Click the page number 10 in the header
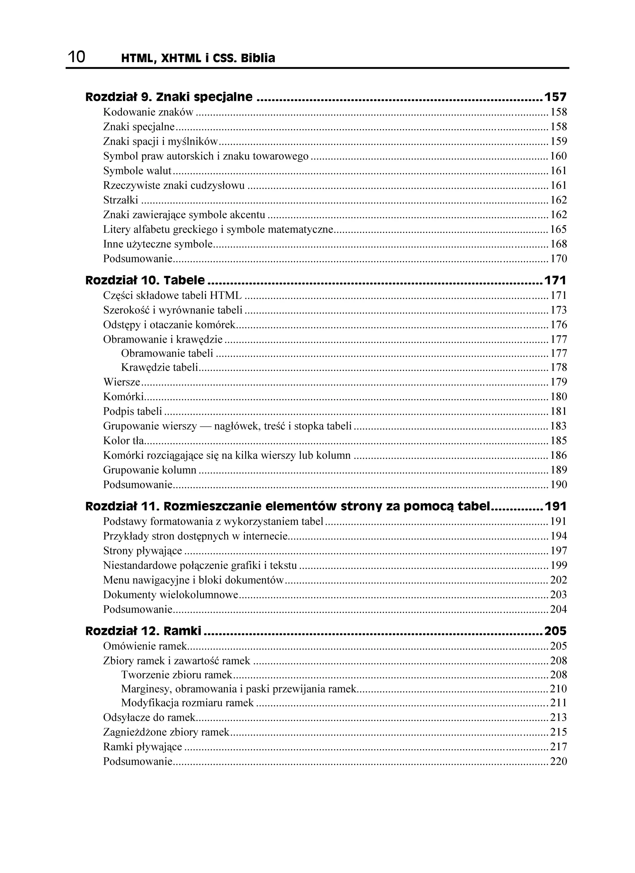coord(77,57)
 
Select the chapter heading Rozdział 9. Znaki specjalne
coord(169,97)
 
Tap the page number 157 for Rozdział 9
coord(555,97)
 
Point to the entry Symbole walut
coord(137,171)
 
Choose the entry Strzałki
coord(121,200)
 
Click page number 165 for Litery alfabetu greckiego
coord(558,229)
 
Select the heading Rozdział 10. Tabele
coord(145,280)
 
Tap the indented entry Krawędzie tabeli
coord(159,367)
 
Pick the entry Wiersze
coord(122,382)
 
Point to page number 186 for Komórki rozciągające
coord(558,455)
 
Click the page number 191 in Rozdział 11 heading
coord(555,506)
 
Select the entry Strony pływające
coord(143,551)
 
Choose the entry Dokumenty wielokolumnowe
coord(171,595)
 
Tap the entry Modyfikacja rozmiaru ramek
coord(187,702)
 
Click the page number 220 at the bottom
coord(558,761)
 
